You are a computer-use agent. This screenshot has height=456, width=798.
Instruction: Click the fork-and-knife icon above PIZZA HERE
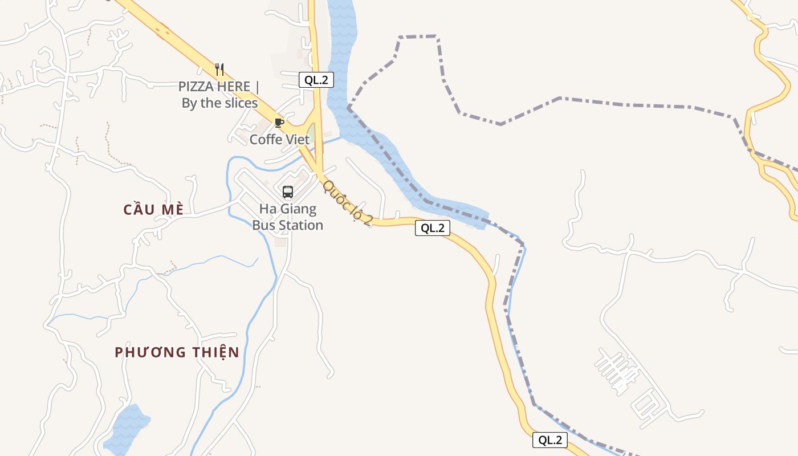pyautogui.click(x=220, y=70)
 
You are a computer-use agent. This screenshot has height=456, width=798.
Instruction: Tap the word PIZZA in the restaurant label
pyautogui.click(x=197, y=87)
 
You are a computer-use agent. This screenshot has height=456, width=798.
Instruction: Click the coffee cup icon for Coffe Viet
pyautogui.click(x=279, y=123)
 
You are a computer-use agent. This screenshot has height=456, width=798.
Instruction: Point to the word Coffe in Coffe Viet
pyautogui.click(x=266, y=140)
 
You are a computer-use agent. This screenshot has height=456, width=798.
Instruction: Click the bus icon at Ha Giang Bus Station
pyautogui.click(x=288, y=192)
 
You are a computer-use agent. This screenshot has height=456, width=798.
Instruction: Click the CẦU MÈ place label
pyautogui.click(x=153, y=210)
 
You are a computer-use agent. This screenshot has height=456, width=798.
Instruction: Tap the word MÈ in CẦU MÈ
pyautogui.click(x=172, y=210)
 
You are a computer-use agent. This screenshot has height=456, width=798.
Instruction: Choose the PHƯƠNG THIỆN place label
pyautogui.click(x=177, y=352)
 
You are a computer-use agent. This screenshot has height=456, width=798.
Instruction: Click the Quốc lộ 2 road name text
pyautogui.click(x=347, y=203)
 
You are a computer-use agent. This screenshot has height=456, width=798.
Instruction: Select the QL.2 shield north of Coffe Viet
pyautogui.click(x=316, y=80)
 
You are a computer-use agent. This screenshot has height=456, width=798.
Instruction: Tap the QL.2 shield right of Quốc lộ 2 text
pyautogui.click(x=432, y=229)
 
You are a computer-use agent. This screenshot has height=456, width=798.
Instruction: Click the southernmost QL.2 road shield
pyautogui.click(x=550, y=440)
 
